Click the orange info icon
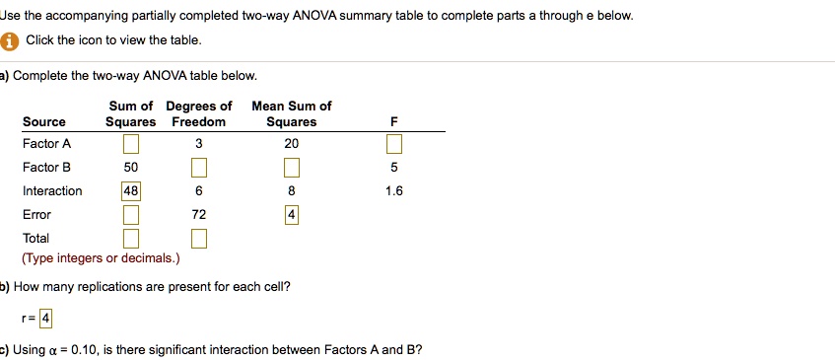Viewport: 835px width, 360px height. (x=11, y=40)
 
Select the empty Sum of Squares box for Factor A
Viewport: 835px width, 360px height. (x=131, y=145)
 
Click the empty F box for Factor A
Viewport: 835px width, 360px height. (x=394, y=145)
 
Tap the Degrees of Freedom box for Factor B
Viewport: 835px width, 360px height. (x=198, y=168)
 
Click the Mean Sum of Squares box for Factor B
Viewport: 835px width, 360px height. (x=292, y=168)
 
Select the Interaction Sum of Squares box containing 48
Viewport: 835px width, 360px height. (x=131, y=191)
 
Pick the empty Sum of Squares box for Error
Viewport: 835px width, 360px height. (x=131, y=215)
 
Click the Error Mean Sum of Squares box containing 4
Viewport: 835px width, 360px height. (x=292, y=215)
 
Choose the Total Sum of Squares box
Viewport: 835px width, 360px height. (x=131, y=239)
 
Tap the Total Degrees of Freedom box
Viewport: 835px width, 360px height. (x=198, y=239)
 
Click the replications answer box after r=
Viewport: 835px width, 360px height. (x=46, y=319)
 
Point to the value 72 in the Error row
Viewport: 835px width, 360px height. (x=198, y=215)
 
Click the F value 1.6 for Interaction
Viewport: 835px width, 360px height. (x=394, y=191)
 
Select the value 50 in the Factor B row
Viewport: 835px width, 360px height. (x=131, y=168)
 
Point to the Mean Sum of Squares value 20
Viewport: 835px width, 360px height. (x=292, y=144)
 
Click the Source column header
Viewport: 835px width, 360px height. (x=44, y=122)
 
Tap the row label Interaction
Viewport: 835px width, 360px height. (x=52, y=191)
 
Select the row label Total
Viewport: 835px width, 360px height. (x=35, y=239)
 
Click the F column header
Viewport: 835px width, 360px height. (x=394, y=122)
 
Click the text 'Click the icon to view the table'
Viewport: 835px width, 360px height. (x=113, y=40)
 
